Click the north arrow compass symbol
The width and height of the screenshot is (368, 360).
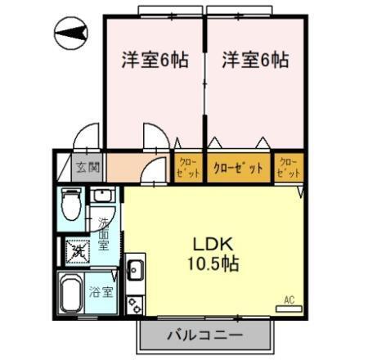pos(73,34)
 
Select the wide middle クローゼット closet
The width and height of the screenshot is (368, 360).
pos(238,168)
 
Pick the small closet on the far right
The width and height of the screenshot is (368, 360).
pos(289,168)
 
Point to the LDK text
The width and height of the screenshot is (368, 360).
pos(213,243)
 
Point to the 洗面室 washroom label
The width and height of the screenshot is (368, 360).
pos(104,232)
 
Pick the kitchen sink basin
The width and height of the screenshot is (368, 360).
pos(135,269)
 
